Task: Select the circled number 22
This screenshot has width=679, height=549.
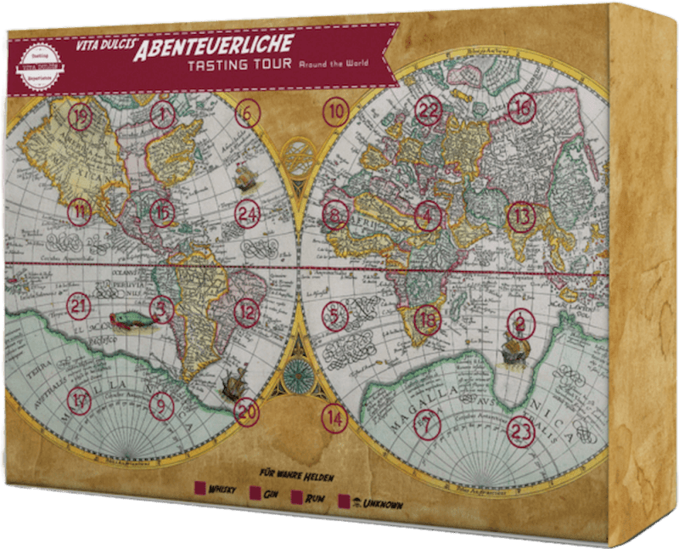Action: click(429, 110)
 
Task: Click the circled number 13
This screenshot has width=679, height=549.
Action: click(521, 218)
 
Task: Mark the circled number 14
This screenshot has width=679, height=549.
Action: click(335, 419)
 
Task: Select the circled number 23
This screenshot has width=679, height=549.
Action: click(520, 430)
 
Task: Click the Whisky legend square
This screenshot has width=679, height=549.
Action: click(200, 488)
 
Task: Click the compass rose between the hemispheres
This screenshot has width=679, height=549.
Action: click(299, 370)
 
